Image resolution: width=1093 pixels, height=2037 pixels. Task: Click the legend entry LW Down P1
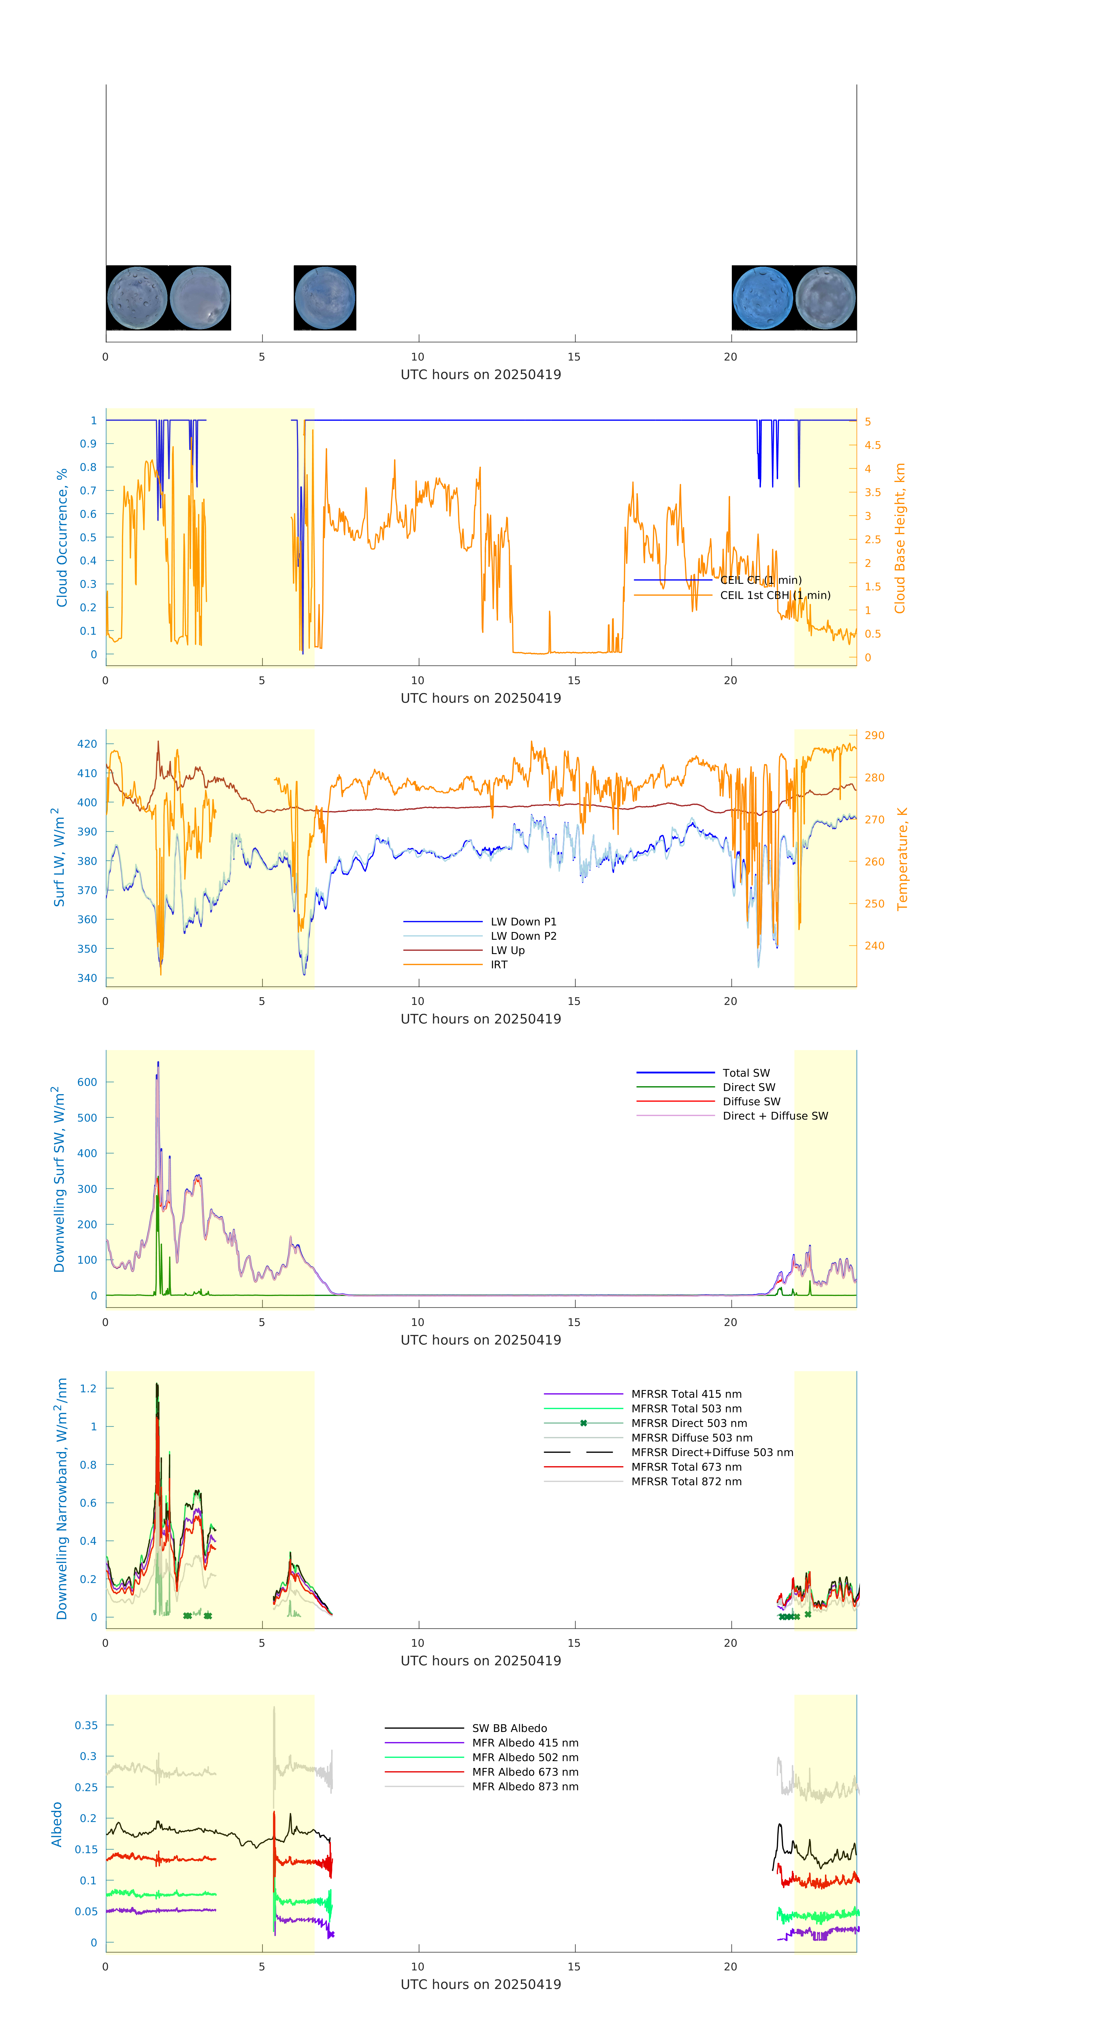[523, 921]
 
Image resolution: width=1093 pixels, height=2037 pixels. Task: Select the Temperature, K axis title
[902, 859]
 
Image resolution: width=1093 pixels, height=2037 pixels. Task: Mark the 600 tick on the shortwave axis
[87, 1082]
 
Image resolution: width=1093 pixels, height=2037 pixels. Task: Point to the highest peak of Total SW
[158, 1063]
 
